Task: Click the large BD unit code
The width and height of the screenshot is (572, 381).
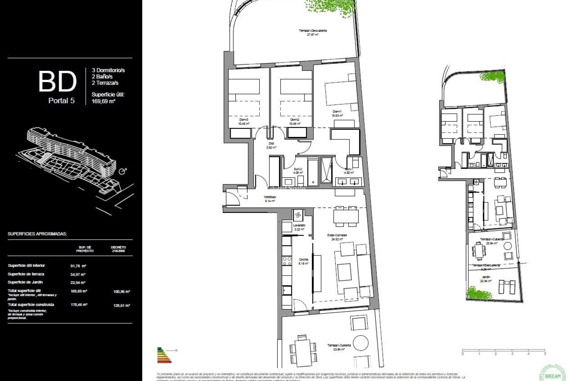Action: (x=57, y=81)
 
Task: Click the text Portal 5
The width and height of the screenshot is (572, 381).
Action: (x=61, y=101)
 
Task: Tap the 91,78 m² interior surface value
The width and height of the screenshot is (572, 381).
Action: (x=78, y=266)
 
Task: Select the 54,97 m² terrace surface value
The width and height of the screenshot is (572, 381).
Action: (x=78, y=274)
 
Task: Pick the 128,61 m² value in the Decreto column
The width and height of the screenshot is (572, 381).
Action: (x=122, y=305)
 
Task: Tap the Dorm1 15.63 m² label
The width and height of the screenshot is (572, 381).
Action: (x=337, y=113)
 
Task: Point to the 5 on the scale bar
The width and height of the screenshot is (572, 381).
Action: (x=545, y=354)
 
